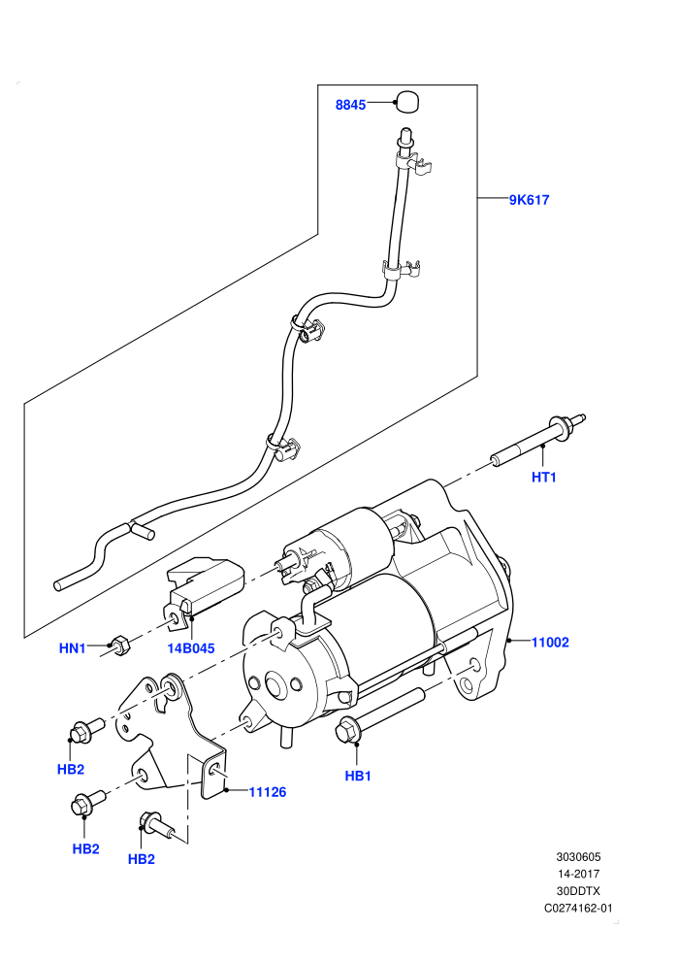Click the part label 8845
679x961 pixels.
(x=350, y=105)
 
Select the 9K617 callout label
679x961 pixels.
(x=530, y=200)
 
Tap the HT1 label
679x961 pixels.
(x=544, y=477)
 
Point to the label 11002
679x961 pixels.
(x=550, y=643)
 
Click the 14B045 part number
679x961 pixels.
(x=191, y=648)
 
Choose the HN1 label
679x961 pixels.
(x=72, y=647)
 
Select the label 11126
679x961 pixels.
(x=268, y=792)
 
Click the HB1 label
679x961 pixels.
(x=358, y=776)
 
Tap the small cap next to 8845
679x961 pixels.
(x=405, y=102)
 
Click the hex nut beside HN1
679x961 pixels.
(x=119, y=646)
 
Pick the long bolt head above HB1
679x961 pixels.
(x=348, y=729)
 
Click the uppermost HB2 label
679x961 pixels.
(x=71, y=769)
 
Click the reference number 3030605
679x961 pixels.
(x=578, y=857)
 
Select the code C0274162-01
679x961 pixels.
(x=578, y=909)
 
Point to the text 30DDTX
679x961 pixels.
(x=578, y=891)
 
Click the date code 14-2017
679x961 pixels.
(x=578, y=874)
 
